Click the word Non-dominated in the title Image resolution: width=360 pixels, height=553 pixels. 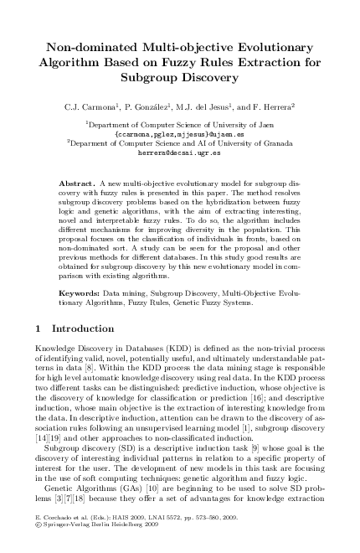87,49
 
